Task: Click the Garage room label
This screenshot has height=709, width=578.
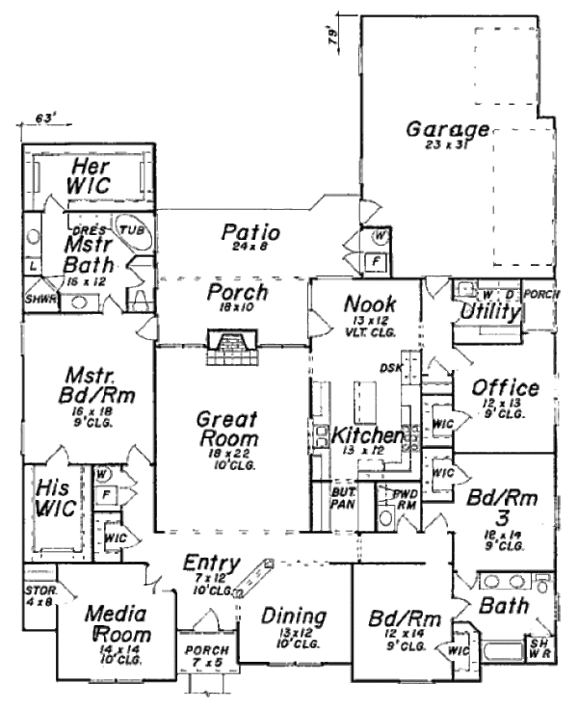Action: click(x=447, y=129)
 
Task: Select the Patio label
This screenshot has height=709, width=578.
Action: click(x=250, y=233)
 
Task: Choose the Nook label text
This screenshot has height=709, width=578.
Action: click(x=363, y=304)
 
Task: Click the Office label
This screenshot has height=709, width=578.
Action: click(x=505, y=388)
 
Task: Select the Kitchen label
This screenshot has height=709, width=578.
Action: click(x=367, y=436)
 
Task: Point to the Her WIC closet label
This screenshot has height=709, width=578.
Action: click(x=88, y=174)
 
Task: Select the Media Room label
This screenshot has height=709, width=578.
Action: click(x=115, y=624)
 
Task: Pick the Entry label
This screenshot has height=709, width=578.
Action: click(x=211, y=564)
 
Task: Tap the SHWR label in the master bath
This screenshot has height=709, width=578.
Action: click(x=40, y=300)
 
